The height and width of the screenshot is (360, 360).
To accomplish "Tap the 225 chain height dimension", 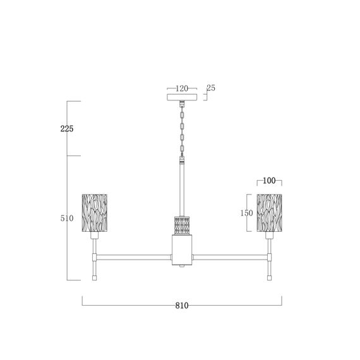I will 67,129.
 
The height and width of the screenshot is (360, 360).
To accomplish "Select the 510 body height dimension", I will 67,219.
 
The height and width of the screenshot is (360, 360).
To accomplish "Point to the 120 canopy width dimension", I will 182,89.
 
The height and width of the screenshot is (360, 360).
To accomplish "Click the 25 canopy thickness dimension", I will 211,88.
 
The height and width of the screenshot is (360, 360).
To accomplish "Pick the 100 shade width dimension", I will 269,181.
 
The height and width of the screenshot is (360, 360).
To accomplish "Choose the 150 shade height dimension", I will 246,213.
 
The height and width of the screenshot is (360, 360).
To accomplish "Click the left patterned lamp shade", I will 95,212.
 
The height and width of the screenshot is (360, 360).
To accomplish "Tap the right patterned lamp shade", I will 269,212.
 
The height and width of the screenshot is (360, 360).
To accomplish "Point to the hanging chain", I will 182,129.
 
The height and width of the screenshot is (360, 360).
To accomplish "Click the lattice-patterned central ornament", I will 182,225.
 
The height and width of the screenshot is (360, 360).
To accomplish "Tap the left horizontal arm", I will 134,257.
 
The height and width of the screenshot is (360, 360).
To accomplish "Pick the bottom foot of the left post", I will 95,277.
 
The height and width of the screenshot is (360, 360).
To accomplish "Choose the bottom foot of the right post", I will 269,277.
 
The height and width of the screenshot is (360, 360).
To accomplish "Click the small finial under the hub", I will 182,268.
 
